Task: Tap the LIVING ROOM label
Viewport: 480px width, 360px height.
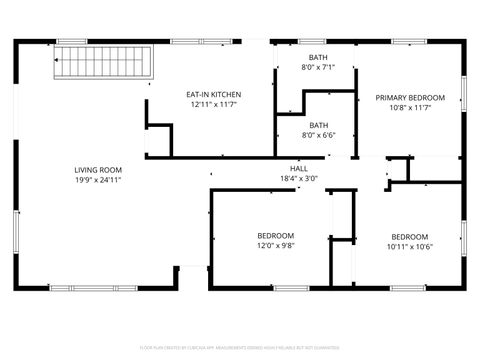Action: (98, 170)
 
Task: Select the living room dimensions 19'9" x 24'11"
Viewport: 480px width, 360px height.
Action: (98, 181)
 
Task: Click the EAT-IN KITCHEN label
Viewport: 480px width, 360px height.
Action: (213, 95)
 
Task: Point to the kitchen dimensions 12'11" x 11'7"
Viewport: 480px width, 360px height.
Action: (213, 105)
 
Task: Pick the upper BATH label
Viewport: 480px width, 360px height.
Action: (318, 58)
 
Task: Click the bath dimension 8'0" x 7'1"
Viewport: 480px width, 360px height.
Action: (318, 68)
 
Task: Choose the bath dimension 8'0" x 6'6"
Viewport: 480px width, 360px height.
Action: (318, 134)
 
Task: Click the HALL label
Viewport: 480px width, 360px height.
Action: (298, 169)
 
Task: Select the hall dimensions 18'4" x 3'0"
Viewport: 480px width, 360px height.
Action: (298, 179)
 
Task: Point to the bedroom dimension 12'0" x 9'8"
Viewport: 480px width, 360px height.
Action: (275, 245)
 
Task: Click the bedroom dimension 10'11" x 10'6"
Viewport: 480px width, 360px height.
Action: (409, 247)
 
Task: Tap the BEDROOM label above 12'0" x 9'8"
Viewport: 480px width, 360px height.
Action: (275, 235)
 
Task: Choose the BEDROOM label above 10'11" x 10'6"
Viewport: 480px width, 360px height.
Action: (409, 237)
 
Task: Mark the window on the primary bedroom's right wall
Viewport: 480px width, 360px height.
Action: (464, 92)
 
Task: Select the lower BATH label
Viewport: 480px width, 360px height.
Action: (318, 124)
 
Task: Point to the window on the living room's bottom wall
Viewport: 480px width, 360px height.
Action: (83, 288)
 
